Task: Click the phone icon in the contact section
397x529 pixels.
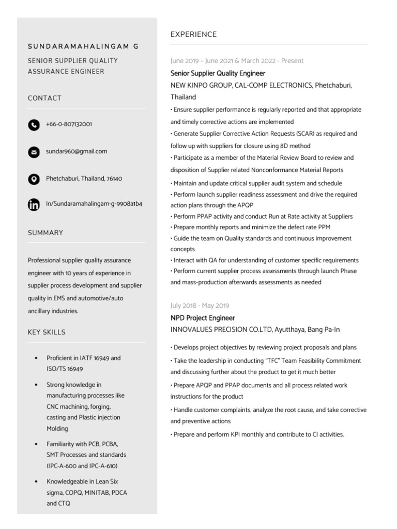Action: (34, 125)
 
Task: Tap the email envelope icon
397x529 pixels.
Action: (34, 152)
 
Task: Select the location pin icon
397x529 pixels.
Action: (34, 179)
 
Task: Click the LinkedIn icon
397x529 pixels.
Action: (34, 205)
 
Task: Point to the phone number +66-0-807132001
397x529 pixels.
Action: (69, 125)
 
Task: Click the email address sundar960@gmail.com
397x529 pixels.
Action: (77, 151)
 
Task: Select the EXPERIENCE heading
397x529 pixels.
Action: (193, 35)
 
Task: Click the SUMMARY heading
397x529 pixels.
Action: (45, 233)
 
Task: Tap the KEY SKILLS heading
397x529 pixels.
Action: (47, 332)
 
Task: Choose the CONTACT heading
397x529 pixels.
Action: (44, 98)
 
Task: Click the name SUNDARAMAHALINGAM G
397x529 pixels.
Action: (83, 46)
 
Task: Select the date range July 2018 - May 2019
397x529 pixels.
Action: (200, 306)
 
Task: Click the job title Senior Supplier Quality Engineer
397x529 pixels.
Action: (218, 73)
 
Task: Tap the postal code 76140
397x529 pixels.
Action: (114, 179)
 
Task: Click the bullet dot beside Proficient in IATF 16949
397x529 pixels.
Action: (35, 358)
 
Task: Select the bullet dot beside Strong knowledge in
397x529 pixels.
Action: (35, 385)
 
